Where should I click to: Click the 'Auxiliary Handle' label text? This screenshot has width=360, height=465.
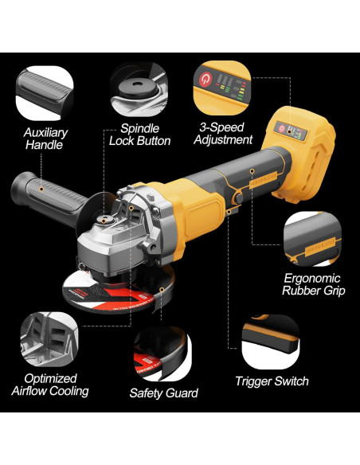click(45, 139)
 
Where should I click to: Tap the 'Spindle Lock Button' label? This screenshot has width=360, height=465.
click(145, 134)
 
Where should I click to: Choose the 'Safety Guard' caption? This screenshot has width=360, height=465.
click(163, 393)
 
